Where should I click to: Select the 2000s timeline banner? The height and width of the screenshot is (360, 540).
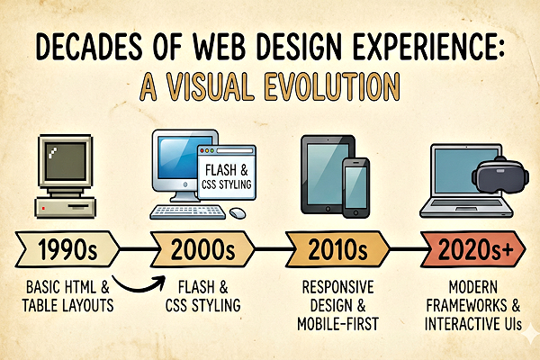point(203,246)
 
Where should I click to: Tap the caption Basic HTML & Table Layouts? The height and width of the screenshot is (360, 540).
point(67,296)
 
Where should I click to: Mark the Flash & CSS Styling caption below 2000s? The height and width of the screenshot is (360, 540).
point(205,296)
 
